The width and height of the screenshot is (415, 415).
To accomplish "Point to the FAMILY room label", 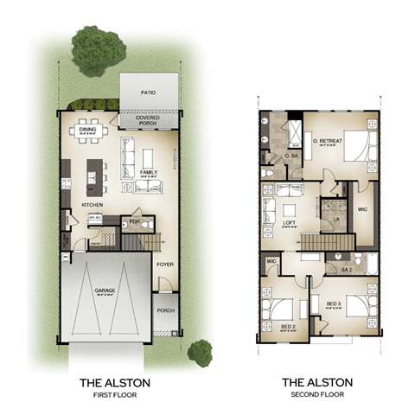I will [148, 172].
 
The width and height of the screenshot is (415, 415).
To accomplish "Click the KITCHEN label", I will [93, 204].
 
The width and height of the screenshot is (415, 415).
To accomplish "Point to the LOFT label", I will [290, 222].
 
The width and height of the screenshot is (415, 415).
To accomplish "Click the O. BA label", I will [290, 156].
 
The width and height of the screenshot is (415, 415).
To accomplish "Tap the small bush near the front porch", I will [200, 350].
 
